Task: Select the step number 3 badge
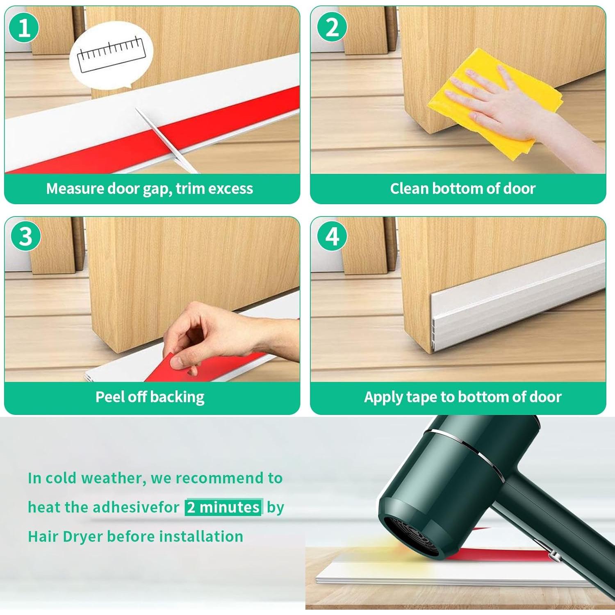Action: pyautogui.click(x=25, y=237)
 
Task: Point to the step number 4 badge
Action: pyautogui.click(x=332, y=237)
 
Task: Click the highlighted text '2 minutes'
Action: pyautogui.click(x=223, y=508)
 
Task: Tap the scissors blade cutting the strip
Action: pyautogui.click(x=166, y=139)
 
